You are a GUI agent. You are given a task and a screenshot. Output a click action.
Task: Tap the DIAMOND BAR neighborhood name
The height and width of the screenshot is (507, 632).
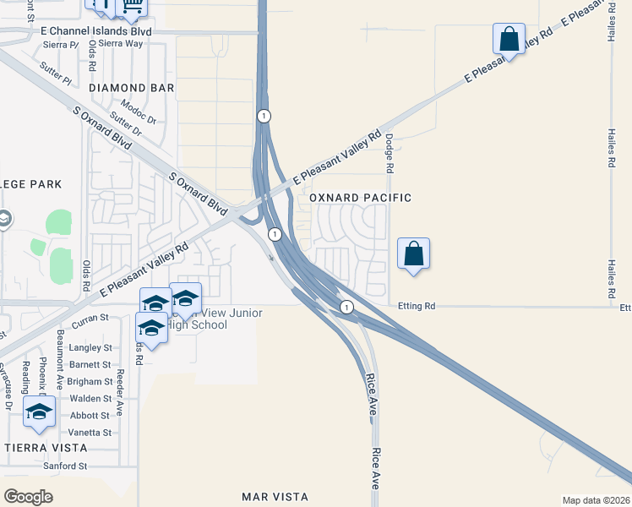tap(131, 88)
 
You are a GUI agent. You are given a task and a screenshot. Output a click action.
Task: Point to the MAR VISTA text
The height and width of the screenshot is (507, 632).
tap(275, 496)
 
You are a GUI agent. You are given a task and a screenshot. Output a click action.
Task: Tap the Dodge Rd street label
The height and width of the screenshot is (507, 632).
tap(390, 153)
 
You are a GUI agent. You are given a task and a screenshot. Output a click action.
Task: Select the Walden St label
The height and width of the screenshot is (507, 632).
tap(90, 398)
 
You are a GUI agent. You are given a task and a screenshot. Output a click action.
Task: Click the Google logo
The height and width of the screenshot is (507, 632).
tap(29, 496)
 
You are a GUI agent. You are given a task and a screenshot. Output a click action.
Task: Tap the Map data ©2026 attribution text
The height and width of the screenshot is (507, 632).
tap(596, 500)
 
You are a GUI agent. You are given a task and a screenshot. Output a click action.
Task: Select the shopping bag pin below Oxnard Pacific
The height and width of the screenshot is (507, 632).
tap(413, 253)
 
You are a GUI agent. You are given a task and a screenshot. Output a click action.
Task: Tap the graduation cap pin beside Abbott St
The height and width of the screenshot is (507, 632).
tap(39, 412)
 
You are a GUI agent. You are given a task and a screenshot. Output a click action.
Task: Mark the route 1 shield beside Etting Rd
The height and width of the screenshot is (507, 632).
tap(346, 306)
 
